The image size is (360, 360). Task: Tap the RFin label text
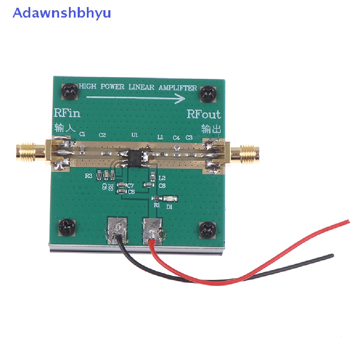point(67,113)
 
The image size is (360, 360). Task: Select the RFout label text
point(204,114)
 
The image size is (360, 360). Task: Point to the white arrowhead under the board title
point(181,99)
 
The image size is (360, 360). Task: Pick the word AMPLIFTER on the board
point(178,88)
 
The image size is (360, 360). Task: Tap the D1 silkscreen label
point(170,207)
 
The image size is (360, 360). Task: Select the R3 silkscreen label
point(88,176)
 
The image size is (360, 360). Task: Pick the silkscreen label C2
point(102,135)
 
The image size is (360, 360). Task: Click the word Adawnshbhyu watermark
point(62,13)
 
